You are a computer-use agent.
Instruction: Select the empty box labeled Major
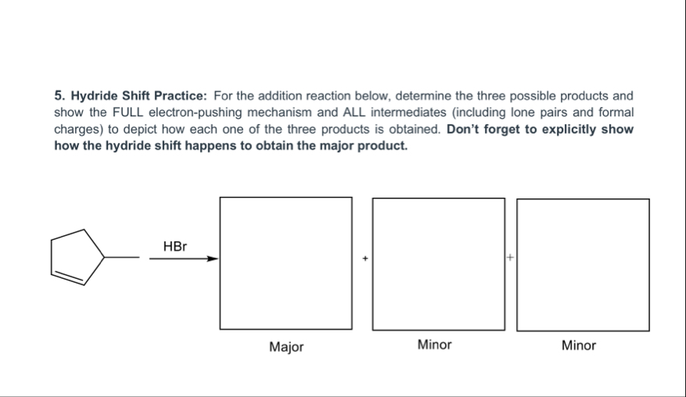[x=286, y=263]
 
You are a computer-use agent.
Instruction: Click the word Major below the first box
[x=286, y=346]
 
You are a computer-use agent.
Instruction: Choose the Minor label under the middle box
[x=434, y=345]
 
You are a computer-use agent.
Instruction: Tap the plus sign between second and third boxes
[x=510, y=256]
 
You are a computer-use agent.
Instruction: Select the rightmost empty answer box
[x=583, y=264]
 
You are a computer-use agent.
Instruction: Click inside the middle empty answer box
[x=438, y=263]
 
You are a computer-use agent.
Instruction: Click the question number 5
[x=59, y=96]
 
